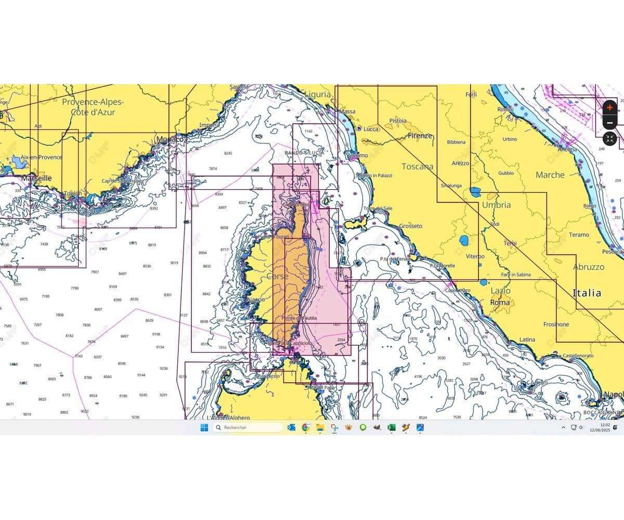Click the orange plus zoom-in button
(610, 108)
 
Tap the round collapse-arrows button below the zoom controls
(610, 139)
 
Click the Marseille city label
(36, 178)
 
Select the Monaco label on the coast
(171, 140)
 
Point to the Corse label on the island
(277, 277)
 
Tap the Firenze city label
(420, 136)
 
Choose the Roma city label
(500, 302)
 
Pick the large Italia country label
(587, 293)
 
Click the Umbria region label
(496, 205)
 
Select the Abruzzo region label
(589, 267)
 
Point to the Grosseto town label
(411, 226)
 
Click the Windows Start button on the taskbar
(204, 427)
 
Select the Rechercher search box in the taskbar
(248, 427)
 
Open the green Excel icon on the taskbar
(391, 427)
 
